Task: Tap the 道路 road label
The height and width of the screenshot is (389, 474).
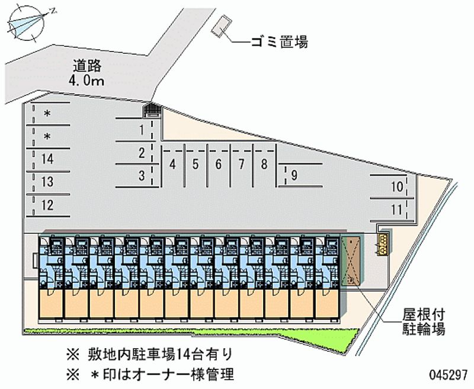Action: click(87, 66)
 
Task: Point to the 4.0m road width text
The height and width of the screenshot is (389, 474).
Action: click(87, 81)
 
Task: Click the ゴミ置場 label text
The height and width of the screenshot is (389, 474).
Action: click(279, 42)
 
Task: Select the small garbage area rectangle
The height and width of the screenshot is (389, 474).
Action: click(222, 26)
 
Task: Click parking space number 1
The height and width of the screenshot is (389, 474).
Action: click(142, 130)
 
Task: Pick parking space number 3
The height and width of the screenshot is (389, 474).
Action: click(142, 175)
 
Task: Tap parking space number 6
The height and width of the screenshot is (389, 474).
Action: click(218, 164)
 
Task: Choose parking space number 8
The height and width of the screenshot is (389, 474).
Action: click(264, 164)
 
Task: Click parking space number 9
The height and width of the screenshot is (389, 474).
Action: click(294, 175)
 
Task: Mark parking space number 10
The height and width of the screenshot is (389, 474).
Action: click(397, 187)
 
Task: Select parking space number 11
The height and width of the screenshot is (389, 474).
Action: click(396, 210)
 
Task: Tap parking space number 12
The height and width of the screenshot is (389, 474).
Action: click(47, 205)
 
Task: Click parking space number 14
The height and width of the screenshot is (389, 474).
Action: click(47, 159)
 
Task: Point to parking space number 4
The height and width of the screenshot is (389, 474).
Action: click(172, 164)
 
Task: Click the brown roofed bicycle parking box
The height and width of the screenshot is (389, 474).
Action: click(351, 261)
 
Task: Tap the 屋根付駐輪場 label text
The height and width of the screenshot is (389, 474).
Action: click(423, 322)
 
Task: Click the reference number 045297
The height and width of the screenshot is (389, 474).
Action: click(449, 375)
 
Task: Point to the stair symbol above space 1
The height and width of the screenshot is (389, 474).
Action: click(153, 110)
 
